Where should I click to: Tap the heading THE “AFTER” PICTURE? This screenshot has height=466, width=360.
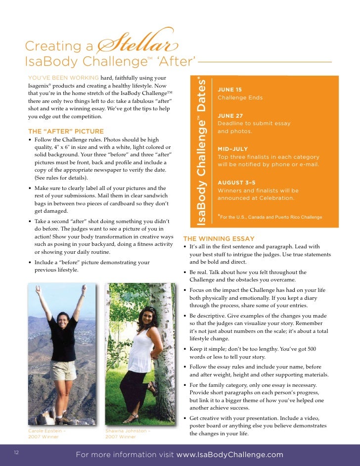tap(66, 132)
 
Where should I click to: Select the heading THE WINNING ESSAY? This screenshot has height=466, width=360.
tap(219, 239)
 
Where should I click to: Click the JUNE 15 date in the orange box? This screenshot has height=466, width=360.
tap(229, 90)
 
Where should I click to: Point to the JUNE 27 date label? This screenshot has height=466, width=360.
tap(229, 116)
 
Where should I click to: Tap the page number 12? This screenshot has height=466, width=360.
tap(16, 452)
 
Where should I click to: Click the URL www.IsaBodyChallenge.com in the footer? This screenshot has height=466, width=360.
tap(230, 455)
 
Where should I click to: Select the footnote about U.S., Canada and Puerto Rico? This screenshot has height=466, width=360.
tap(271, 217)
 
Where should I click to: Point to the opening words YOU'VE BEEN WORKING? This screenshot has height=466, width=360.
tap(63, 78)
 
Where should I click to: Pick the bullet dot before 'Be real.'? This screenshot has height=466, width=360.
tap(184, 273)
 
